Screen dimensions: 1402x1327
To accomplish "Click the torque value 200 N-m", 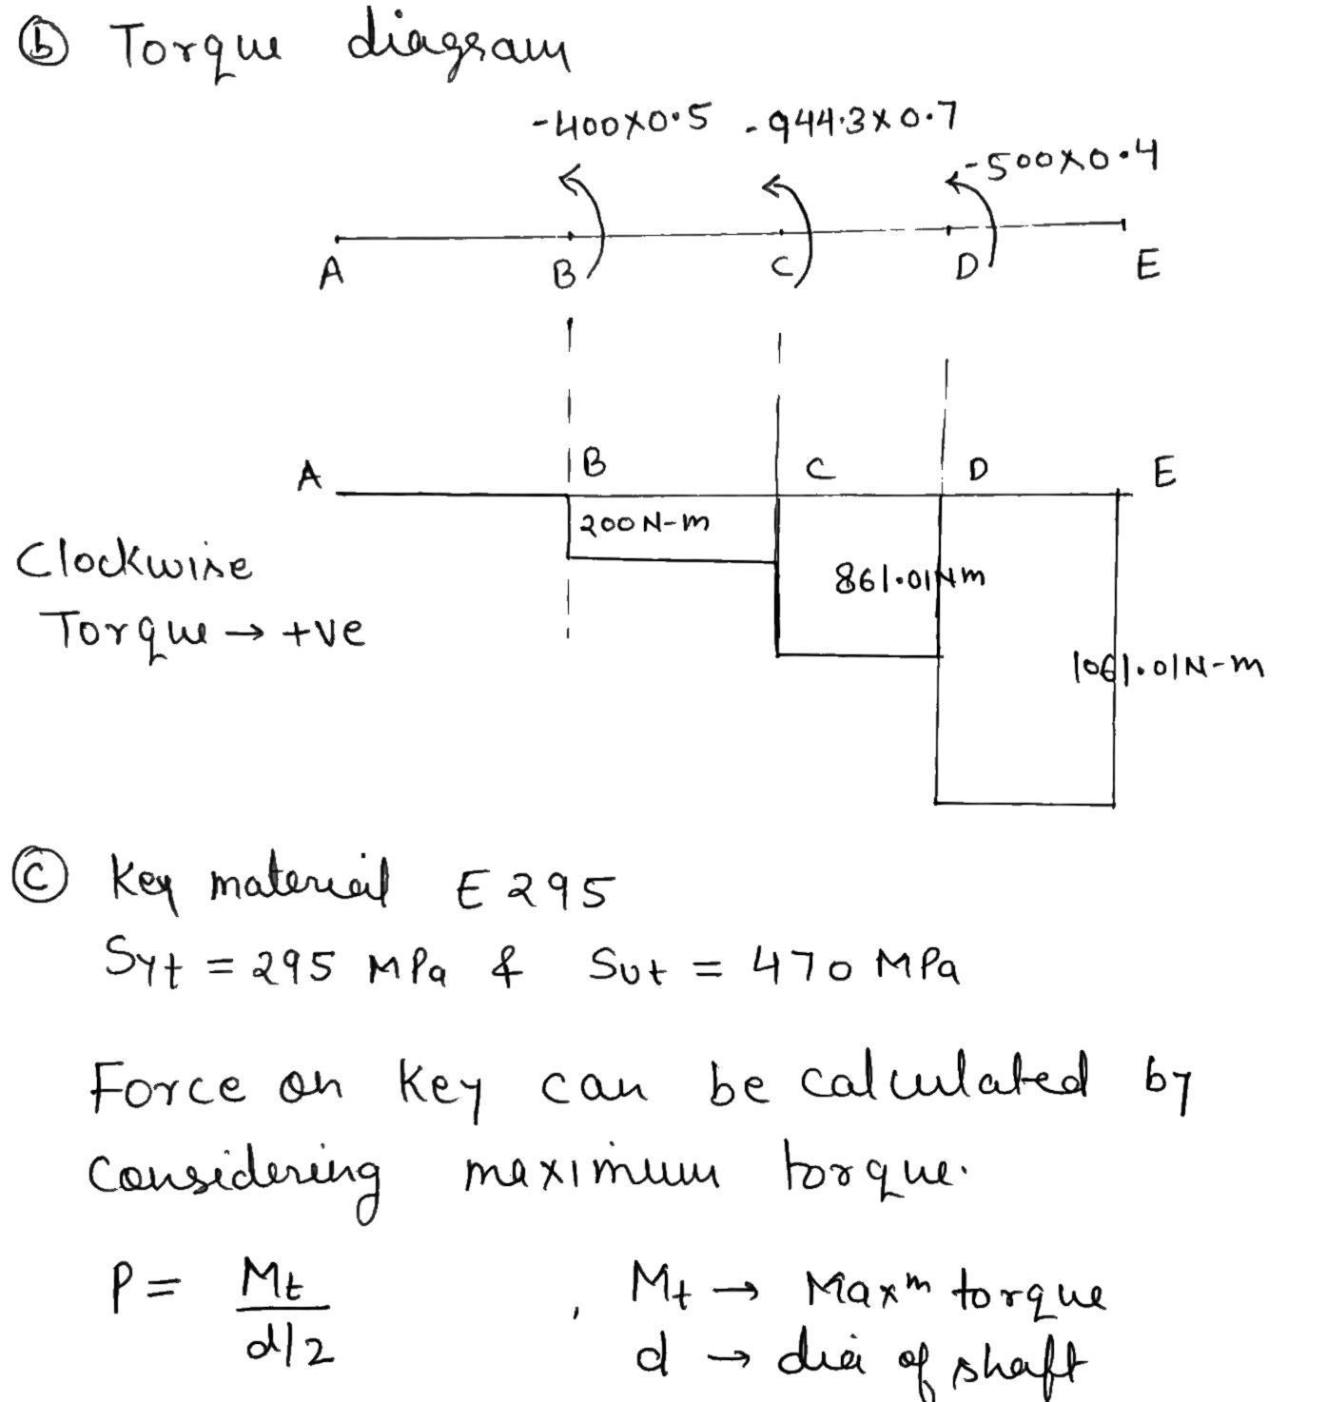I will point(644,523).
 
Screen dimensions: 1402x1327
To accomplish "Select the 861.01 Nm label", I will point(908,577).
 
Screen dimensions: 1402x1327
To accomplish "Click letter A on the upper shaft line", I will point(331,274).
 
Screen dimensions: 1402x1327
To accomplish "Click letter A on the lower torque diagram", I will point(308,475).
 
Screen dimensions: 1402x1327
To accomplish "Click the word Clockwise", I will point(134,563).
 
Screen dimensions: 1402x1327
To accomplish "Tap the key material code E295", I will point(535,891).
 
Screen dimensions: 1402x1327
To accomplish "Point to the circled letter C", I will point(39,879).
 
